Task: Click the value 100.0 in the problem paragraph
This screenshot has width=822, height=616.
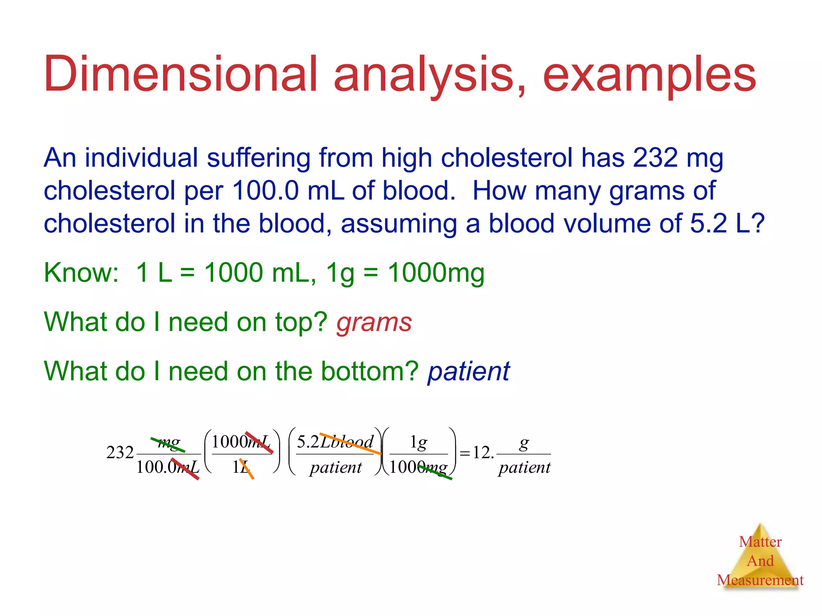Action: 265,190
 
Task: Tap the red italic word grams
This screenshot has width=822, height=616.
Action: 374,322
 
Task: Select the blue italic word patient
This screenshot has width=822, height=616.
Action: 468,371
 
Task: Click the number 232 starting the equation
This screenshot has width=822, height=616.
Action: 120,453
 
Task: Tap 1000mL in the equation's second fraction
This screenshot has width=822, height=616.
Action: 241,442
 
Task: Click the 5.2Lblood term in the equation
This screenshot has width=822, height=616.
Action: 335,442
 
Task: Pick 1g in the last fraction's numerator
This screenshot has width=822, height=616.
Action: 418,442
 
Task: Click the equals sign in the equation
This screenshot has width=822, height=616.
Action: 465,454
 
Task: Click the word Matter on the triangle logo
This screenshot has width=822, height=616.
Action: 760,542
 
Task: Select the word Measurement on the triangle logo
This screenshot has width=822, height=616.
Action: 760,580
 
